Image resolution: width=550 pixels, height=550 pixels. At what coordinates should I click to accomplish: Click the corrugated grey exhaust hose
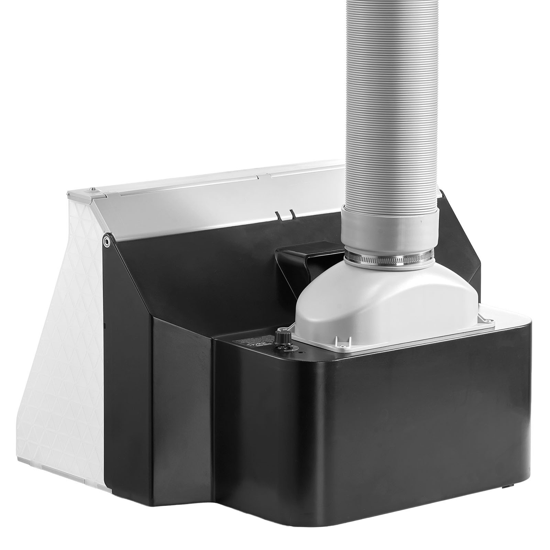pos(392,103)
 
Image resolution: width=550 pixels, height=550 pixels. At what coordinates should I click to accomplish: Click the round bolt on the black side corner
pos(108,241)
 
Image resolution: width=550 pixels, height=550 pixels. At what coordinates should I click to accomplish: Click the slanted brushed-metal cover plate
pos(206,206)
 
